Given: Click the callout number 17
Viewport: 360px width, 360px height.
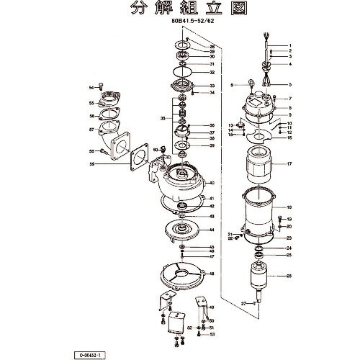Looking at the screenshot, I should tap(289, 165).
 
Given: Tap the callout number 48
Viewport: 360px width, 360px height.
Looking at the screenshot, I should tap(212, 275).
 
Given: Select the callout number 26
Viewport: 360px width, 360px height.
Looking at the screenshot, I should tap(289, 276).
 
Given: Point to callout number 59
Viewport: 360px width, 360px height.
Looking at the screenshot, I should tap(92, 165).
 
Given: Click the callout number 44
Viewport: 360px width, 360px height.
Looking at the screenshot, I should tap(212, 230).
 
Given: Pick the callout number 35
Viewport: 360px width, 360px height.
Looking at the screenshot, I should tap(163, 117).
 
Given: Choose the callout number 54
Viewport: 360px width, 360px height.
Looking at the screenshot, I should tap(91, 87).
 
